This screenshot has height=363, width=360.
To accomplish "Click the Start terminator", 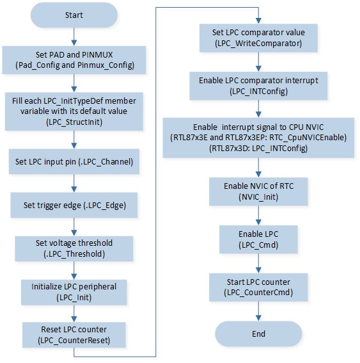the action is coord(74,15).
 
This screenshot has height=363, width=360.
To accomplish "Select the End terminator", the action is coord(258,334).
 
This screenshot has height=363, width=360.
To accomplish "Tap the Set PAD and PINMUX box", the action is coord(74,60).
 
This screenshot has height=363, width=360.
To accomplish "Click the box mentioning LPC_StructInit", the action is coord(74,111).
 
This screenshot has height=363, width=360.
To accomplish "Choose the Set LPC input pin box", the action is coord(74,161).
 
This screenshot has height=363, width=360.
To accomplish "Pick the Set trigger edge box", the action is coord(74,205).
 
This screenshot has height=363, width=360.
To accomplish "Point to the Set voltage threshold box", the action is coord(74,248).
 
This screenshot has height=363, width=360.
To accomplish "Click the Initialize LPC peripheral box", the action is coord(74,293).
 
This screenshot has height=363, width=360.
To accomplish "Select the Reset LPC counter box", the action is coord(74,335).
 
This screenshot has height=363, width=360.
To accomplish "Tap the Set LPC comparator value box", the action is coord(258,38).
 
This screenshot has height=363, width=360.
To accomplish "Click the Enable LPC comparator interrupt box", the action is coord(258,86).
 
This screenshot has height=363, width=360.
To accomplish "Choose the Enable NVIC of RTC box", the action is coord(258,191).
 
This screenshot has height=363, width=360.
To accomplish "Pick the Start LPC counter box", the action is coord(258,287).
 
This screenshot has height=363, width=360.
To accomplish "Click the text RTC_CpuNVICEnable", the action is coord(307,138).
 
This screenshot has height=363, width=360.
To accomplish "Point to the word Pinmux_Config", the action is coord(105,65).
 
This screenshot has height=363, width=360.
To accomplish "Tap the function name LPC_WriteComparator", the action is coord(258,44).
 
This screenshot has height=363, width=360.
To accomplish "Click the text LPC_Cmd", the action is coord(258,245).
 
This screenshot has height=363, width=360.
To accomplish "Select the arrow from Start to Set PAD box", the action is coord(74,36).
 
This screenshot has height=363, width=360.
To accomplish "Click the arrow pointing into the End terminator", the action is coord(258,311).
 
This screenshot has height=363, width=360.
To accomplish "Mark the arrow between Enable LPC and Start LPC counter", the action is coord(258,264).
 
